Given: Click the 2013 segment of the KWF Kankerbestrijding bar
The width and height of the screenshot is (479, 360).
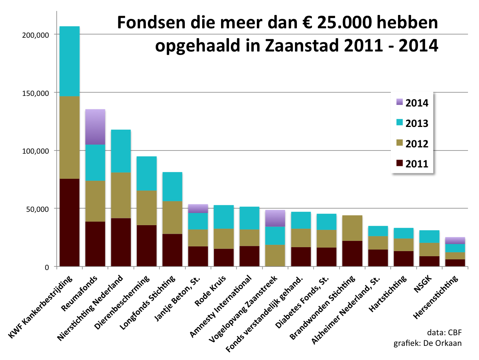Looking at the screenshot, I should [69, 61].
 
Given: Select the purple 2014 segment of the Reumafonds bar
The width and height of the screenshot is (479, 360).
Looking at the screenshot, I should [95, 127].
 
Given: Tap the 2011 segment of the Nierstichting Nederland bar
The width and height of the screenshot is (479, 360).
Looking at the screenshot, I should [121, 242].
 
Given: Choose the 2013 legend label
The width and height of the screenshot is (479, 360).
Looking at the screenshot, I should [416, 123].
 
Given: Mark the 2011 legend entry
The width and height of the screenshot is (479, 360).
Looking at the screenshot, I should [416, 164].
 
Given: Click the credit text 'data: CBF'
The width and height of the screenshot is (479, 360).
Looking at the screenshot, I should [445, 332].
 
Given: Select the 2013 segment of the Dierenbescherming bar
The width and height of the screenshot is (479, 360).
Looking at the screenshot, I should [146, 173].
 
